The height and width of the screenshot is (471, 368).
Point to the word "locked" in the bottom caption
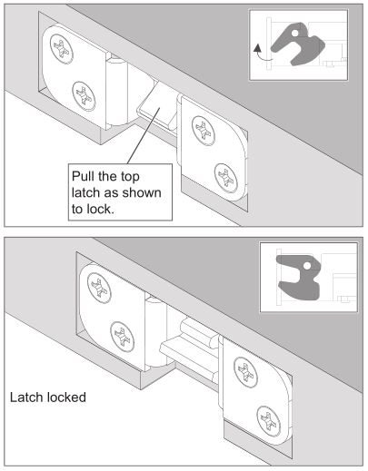click(66, 397)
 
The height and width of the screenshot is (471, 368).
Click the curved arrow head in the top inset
click(257, 48)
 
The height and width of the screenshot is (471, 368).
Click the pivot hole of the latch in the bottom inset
click(307, 266)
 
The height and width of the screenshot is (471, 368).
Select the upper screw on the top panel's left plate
click(62, 49)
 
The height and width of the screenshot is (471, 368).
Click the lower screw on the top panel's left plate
click(84, 96)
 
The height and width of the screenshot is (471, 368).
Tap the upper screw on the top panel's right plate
click(204, 131)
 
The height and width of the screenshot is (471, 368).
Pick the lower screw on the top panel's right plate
click(226, 178)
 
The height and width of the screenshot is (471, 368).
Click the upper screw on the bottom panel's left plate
click(99, 288)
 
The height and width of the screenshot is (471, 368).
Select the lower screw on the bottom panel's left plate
click(122, 337)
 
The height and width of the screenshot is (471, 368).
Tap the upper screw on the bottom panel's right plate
click(245, 372)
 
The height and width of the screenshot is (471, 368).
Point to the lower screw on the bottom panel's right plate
click(269, 421)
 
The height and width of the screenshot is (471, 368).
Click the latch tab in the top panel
click(156, 106)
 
